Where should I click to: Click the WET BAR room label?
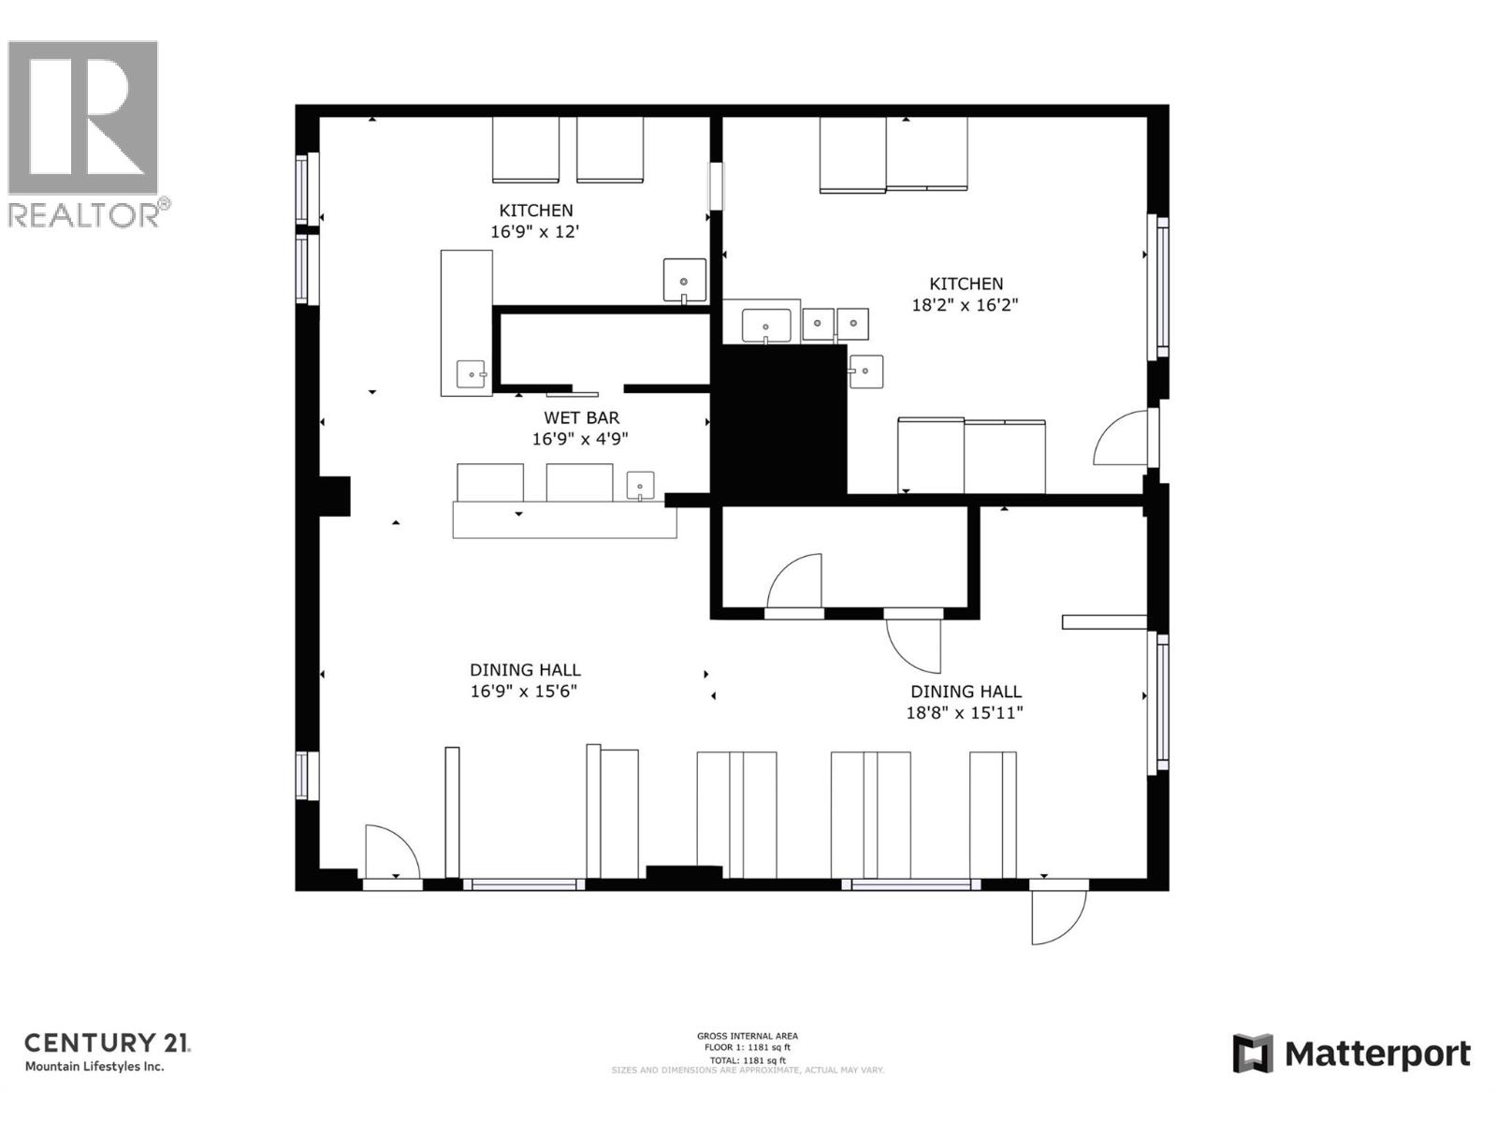tap(581, 417)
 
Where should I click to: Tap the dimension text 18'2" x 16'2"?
tap(965, 305)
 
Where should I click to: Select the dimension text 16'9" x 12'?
tap(535, 231)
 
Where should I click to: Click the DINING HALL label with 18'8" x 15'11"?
tap(966, 692)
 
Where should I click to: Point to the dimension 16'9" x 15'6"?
tap(524, 692)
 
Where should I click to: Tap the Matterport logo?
tap(1351, 1054)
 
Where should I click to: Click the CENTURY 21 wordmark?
tap(107, 1043)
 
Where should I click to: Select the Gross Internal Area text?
tap(747, 1036)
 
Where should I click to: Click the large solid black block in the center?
tap(778, 418)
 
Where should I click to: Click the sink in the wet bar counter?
tap(640, 486)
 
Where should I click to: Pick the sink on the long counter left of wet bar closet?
tap(471, 373)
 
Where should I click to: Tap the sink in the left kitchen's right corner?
tap(684, 280)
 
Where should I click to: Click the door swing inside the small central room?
tap(795, 582)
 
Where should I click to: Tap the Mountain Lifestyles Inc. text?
tap(94, 1067)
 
